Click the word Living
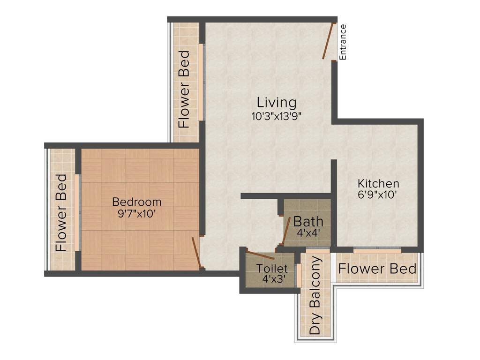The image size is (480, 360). [x=277, y=102]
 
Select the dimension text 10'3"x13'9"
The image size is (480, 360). [x=276, y=116]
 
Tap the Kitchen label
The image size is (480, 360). [x=378, y=183]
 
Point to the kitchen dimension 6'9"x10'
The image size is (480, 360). [x=378, y=195]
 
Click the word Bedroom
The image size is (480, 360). [x=137, y=202]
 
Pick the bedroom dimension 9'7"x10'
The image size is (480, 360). [x=137, y=214]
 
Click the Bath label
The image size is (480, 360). [x=308, y=221]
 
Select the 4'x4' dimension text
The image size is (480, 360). [x=308, y=232]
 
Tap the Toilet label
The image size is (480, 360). [x=272, y=269]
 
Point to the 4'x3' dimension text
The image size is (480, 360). [x=272, y=279]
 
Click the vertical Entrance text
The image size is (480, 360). [x=343, y=42]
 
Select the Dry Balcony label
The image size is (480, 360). [x=316, y=295]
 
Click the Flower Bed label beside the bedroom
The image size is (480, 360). [x=61, y=213]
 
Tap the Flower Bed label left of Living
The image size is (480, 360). [x=184, y=89]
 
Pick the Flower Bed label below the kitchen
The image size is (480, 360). [x=377, y=269]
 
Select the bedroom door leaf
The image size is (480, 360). [x=197, y=253]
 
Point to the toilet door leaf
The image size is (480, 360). [x=260, y=255]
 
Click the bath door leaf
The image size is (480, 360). [x=286, y=231]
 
